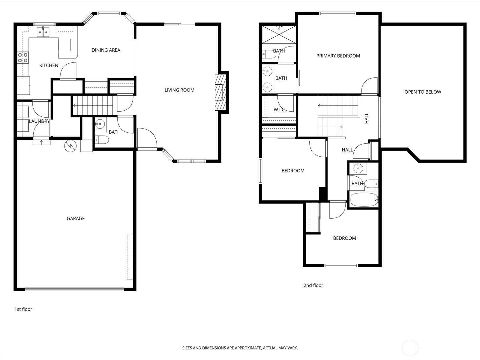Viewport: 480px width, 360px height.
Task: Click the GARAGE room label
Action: click(76, 218)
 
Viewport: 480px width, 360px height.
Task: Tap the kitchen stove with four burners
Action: click(23, 58)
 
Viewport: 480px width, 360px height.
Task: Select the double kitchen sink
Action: click(43, 32)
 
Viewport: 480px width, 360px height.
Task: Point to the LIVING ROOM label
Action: click(179, 90)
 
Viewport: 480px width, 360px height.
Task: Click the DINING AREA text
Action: click(106, 50)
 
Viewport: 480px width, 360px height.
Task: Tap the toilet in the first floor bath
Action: click(101, 140)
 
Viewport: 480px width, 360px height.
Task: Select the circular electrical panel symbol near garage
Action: click(70, 146)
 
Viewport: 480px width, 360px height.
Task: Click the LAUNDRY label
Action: click(39, 121)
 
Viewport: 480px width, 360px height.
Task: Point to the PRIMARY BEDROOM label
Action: click(338, 56)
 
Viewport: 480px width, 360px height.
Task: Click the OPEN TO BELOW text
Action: click(423, 92)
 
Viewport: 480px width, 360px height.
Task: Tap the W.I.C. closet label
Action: click(279, 110)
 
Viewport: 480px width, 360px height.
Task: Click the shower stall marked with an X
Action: click(279, 35)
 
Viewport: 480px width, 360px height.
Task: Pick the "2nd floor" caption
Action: click(313, 285)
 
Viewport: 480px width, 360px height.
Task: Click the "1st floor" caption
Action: click(23, 309)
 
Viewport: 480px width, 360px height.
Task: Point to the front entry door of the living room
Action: click(147, 139)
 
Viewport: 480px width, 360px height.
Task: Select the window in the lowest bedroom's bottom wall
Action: click(341, 265)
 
